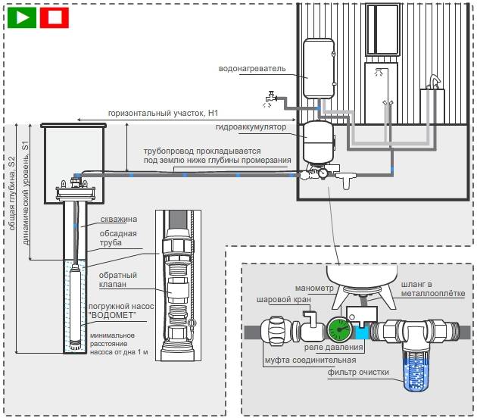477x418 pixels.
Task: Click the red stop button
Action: (x=54, y=16)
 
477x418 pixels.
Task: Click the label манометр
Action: (x=291, y=287)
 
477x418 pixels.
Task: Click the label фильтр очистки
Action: (x=359, y=373)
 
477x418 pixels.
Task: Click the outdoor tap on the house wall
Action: (x=270, y=97)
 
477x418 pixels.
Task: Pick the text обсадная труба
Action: (x=109, y=238)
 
